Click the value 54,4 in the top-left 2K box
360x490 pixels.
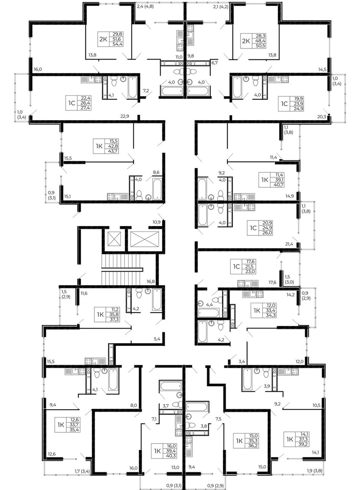(117, 44)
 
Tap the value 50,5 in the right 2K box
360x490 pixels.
(261, 46)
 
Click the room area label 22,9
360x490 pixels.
(125, 116)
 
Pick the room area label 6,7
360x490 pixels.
(214, 63)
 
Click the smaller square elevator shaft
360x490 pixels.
(114, 239)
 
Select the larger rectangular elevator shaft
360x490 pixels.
(145, 239)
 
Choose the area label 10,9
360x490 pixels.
(157, 222)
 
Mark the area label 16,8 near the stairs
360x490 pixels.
(150, 281)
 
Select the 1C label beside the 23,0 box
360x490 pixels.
(236, 267)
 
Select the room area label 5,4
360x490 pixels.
(157, 339)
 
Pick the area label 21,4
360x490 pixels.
(289, 244)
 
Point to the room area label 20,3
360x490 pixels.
(322, 117)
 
